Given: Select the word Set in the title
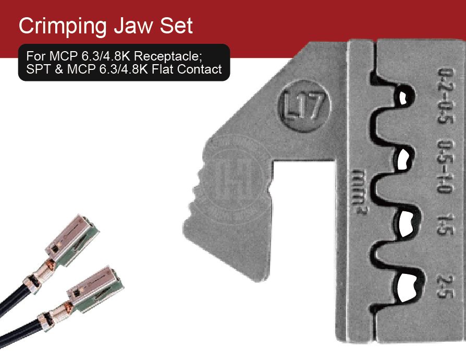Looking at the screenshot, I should pyautogui.click(x=177, y=26).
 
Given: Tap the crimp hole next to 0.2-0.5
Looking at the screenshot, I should pyautogui.click(x=402, y=97).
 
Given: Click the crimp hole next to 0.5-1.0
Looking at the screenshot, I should pyautogui.click(x=404, y=160).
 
